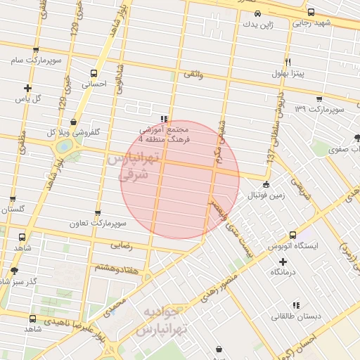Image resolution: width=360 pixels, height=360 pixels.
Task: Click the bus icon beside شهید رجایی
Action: pos(311,12)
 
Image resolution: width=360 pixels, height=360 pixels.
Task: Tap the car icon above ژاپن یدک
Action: pos(257,13)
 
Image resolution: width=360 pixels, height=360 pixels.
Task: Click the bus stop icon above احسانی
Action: pos(95,72)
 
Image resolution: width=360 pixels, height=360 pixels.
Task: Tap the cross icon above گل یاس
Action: pos(27,88)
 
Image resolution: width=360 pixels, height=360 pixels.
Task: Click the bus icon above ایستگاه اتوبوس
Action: pos(292,236)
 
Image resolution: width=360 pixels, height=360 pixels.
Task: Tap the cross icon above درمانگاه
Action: pos(283,262)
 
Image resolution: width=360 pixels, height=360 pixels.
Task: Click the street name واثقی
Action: pos(193,73)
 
